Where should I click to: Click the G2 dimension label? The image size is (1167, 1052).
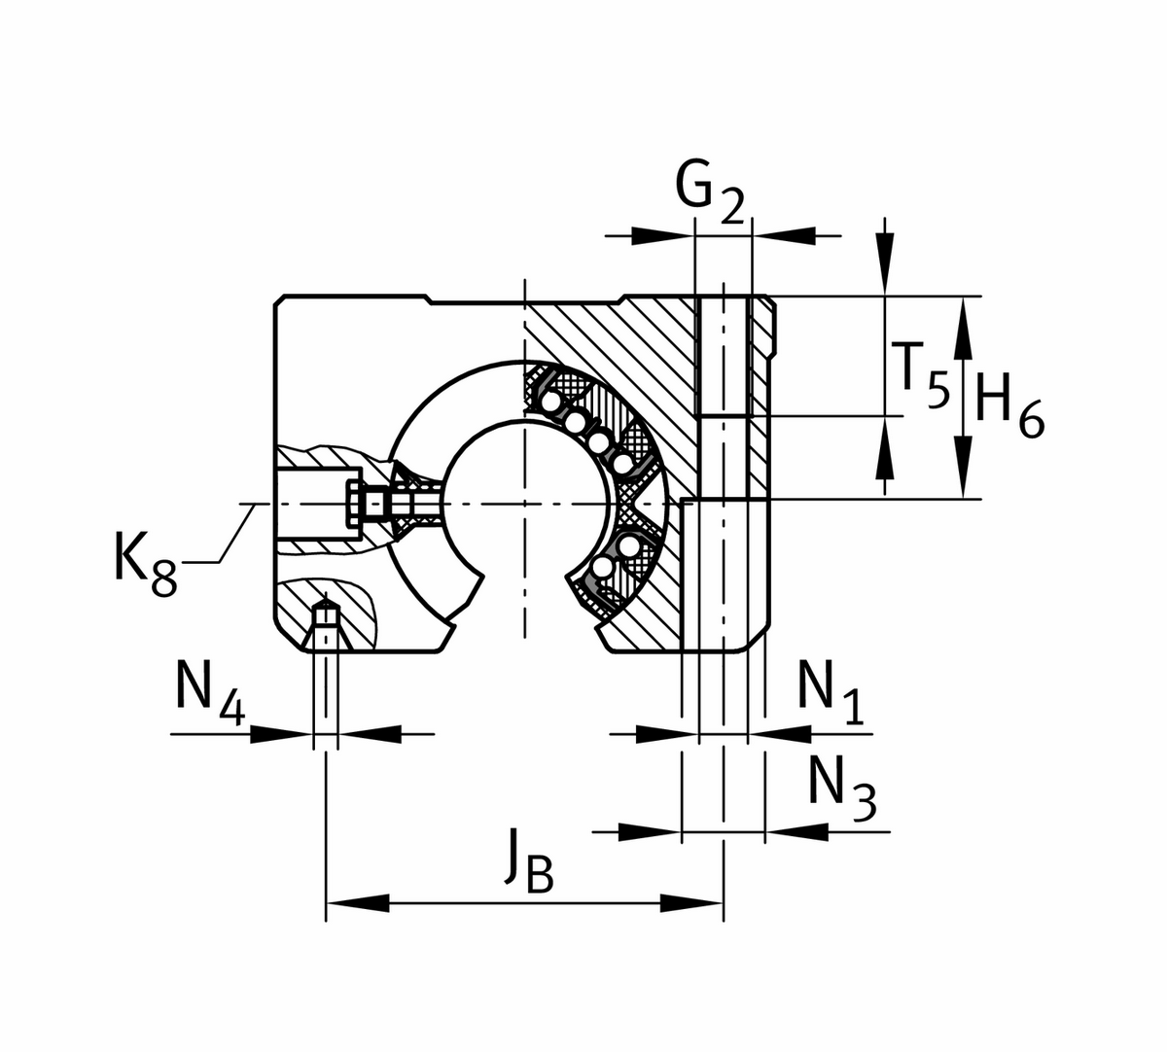coord(709,191)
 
